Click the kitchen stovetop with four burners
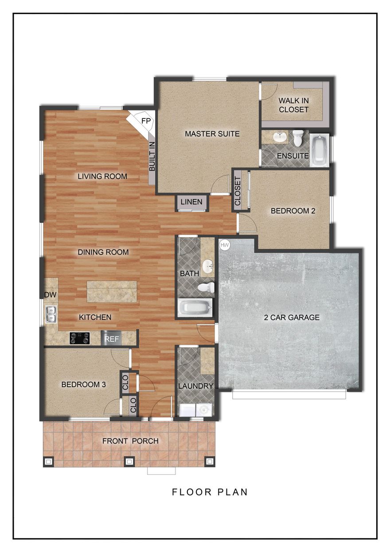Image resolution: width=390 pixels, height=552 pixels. point(80,338)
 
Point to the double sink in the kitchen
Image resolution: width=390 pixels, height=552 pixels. point(51,313)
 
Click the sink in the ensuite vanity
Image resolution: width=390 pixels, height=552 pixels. point(279,137)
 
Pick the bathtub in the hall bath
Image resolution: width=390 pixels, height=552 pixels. point(195,308)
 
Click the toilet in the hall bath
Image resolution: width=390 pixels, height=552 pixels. point(206,288)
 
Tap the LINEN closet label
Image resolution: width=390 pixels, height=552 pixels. point(191,202)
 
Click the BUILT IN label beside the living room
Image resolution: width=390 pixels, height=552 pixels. point(152,157)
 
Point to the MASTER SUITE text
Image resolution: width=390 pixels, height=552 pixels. point(212,133)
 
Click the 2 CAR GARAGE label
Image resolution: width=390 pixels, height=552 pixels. point(291,317)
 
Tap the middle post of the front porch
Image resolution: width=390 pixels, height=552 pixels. point(129,461)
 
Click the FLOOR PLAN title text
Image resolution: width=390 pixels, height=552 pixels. point(210,492)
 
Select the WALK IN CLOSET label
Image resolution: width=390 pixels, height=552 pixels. point(293,105)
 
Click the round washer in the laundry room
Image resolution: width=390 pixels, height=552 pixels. point(204,410)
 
